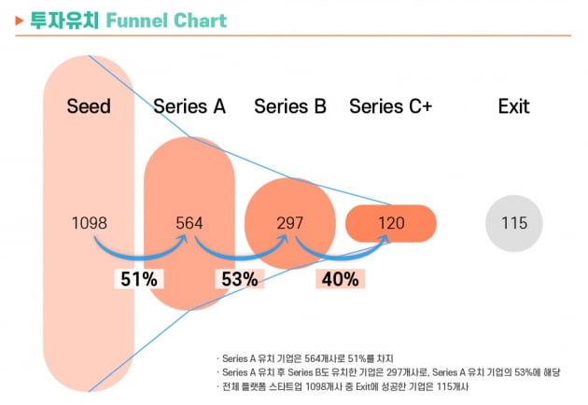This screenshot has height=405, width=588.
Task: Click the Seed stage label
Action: tap(89, 106)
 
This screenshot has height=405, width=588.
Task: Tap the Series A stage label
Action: tap(189, 106)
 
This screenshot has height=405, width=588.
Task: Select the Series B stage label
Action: tap(289, 106)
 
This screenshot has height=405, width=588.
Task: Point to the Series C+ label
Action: tap(390, 106)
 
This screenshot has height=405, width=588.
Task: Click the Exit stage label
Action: tap(513, 106)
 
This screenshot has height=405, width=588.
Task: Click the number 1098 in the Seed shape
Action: tap(90, 223)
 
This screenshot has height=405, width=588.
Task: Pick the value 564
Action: tap(189, 223)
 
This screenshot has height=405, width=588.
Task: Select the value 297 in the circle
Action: tap(290, 223)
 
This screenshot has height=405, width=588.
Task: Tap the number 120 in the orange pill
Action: tap(391, 223)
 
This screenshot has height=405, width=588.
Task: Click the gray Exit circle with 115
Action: tap(513, 223)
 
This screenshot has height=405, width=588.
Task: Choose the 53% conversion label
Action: tap(237, 277)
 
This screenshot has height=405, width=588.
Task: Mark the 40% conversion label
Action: tap(338, 277)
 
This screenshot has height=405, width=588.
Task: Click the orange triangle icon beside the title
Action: tap(21, 19)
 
